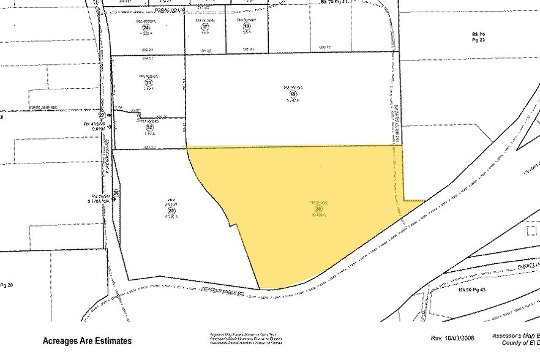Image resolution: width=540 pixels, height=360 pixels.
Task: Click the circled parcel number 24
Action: point(146,27)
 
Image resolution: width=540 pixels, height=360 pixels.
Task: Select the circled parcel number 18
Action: point(247,27)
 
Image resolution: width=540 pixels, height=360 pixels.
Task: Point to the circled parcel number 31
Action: point(148,83)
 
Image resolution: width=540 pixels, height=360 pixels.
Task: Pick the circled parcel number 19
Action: point(293,94)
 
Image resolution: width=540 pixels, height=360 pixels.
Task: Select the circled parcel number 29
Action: point(171,208)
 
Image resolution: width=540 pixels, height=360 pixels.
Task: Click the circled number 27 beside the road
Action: point(102,114)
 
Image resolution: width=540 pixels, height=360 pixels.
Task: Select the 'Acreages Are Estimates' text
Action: point(86,340)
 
